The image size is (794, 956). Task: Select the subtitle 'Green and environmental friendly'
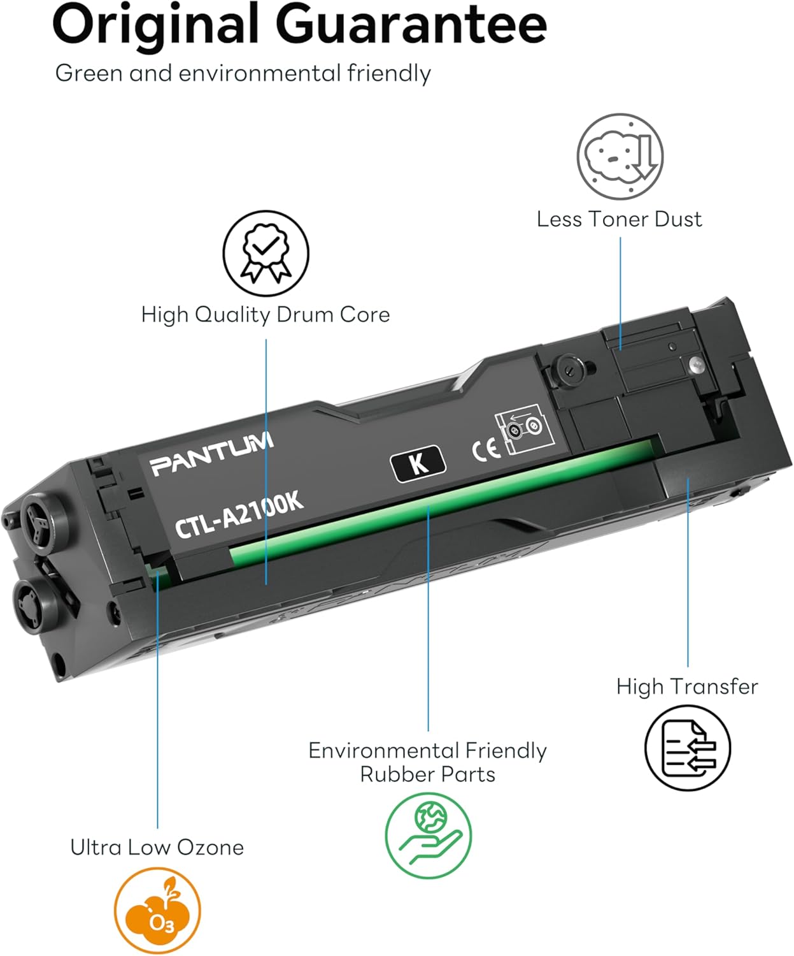point(243,73)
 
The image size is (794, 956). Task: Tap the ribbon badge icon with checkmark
point(266,253)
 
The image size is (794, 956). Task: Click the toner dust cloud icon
point(620,157)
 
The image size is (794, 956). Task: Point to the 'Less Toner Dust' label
point(619,219)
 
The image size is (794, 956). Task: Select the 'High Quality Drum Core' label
point(266,314)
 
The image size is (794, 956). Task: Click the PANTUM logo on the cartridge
point(212,454)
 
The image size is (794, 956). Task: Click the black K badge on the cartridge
point(417,463)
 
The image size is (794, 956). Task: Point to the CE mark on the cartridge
point(485,450)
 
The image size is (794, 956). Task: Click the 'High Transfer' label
point(687,686)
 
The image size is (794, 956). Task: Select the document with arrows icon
point(687,748)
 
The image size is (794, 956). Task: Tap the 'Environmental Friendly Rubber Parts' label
point(427,762)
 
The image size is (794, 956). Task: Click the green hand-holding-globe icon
point(428,836)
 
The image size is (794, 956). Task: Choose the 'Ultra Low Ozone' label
point(157,848)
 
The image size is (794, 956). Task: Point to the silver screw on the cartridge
point(697,365)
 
